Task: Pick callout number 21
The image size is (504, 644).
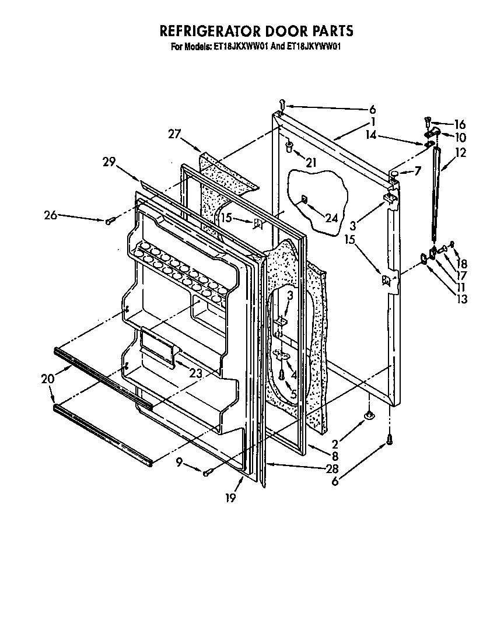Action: pos(310,162)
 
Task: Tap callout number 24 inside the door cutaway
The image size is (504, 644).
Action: pos(331,218)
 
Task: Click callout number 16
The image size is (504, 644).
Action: pos(460,124)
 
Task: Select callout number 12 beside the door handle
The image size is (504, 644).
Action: pos(460,153)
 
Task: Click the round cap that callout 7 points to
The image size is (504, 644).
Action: pos(394,174)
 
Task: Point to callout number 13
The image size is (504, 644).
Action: pos(462,299)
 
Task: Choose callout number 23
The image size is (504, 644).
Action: pos(195,374)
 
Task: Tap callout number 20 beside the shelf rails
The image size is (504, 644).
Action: pos(48,379)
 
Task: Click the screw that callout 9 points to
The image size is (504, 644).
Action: pos(207,473)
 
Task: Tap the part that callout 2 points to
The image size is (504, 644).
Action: pos(369,415)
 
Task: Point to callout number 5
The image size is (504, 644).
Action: pos(293,395)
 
